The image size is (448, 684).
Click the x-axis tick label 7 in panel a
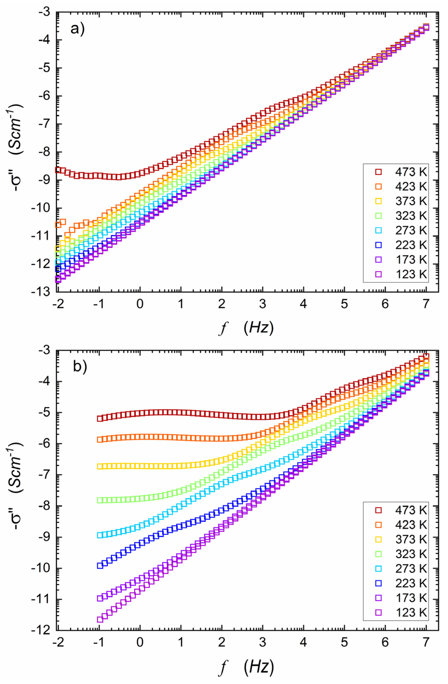[x=426, y=304]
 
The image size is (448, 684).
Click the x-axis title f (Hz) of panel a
[x=247, y=328]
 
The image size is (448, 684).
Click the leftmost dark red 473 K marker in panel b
[x=100, y=419]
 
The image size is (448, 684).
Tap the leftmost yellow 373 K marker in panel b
[x=100, y=553]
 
